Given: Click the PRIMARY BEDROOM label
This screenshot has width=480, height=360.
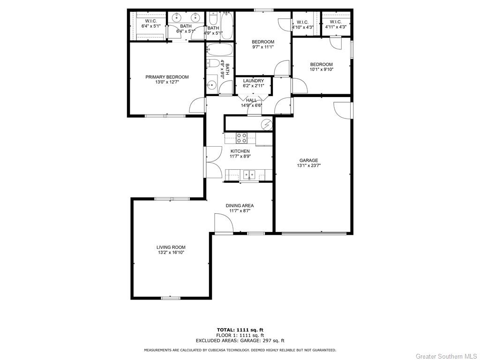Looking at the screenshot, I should [167, 77].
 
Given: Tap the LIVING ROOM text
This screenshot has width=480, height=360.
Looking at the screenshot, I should [171, 247].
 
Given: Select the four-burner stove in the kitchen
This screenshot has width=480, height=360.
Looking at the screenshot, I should [241, 138].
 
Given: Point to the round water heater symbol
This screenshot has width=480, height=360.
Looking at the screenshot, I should [267, 124].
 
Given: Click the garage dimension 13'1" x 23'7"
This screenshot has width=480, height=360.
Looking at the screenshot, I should [308, 165].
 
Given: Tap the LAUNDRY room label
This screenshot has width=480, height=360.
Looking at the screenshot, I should [253, 81].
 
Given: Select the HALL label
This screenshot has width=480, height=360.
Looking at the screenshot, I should [251, 100].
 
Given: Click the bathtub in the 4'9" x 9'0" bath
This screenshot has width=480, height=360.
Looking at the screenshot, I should [218, 50].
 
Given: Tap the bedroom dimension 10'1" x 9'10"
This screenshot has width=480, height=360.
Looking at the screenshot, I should [321, 70].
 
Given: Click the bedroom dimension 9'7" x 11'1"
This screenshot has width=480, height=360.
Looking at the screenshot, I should [263, 47].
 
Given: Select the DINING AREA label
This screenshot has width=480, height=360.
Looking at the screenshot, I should [240, 205].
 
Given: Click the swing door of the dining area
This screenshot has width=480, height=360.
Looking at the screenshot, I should [223, 223].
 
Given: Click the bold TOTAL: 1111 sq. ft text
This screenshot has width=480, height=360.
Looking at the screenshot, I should [240, 330].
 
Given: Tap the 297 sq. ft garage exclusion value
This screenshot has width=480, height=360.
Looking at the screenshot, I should [273, 341].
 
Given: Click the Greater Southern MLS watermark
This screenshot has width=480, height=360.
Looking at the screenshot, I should [446, 356].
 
